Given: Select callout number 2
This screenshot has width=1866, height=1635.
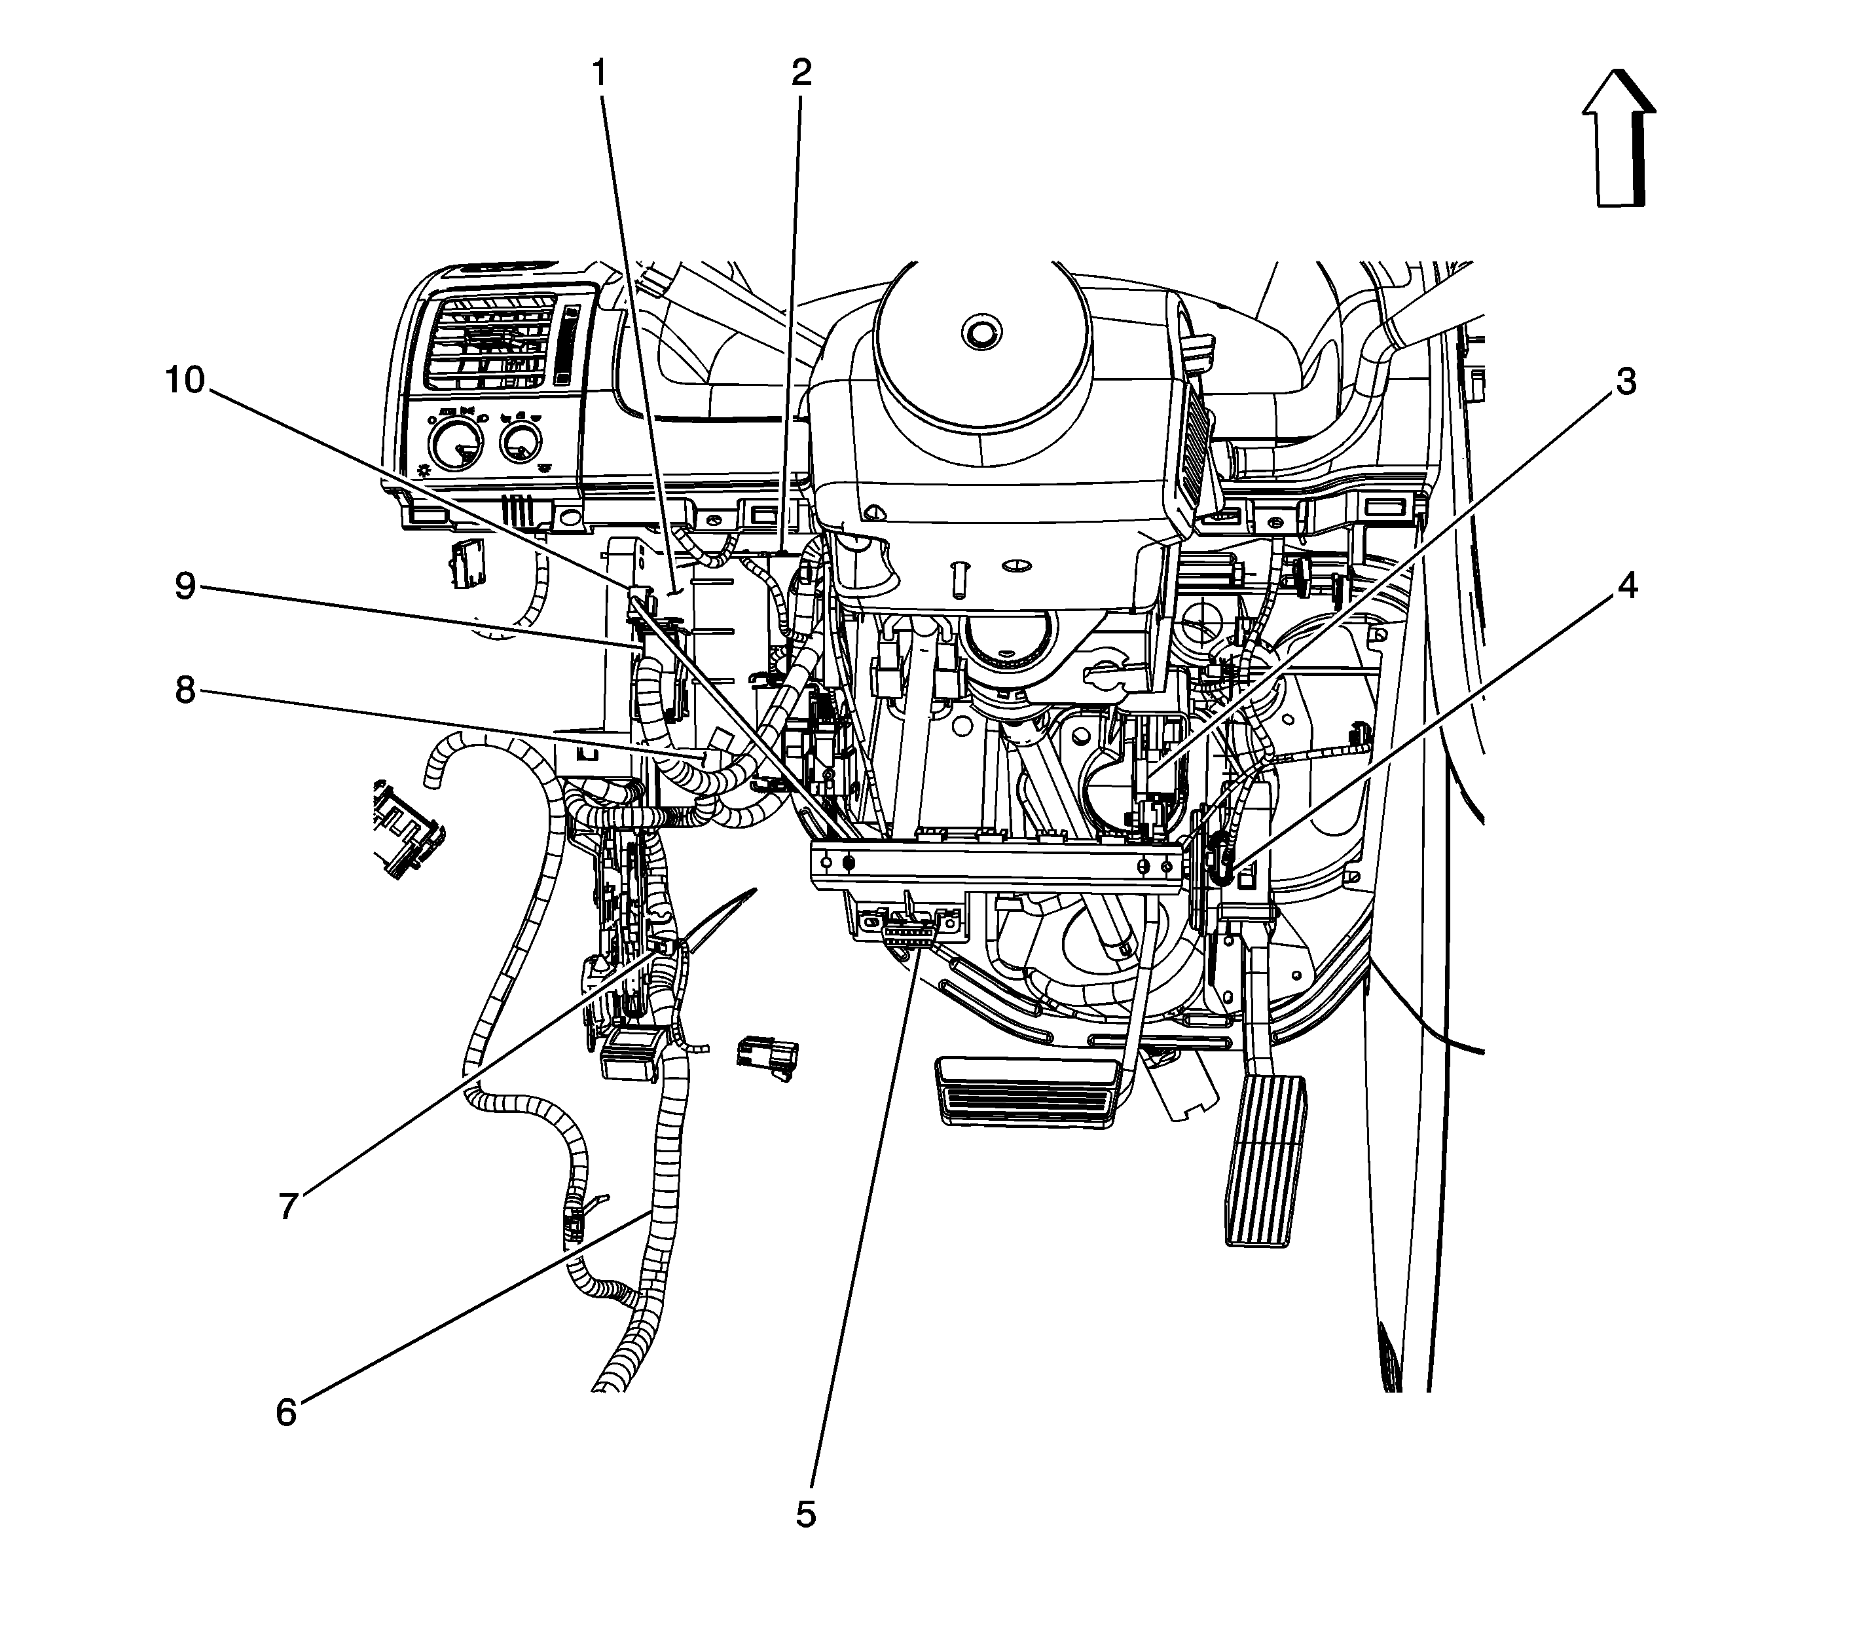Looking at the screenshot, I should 801,73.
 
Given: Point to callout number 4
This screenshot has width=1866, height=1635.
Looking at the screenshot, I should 1626,586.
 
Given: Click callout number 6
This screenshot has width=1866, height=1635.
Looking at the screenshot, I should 286,1414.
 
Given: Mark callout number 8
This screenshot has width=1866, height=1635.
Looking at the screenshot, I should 185,690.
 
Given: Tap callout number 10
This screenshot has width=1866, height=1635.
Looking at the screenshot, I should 185,381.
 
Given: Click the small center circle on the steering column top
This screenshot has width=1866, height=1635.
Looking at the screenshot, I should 979,332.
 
